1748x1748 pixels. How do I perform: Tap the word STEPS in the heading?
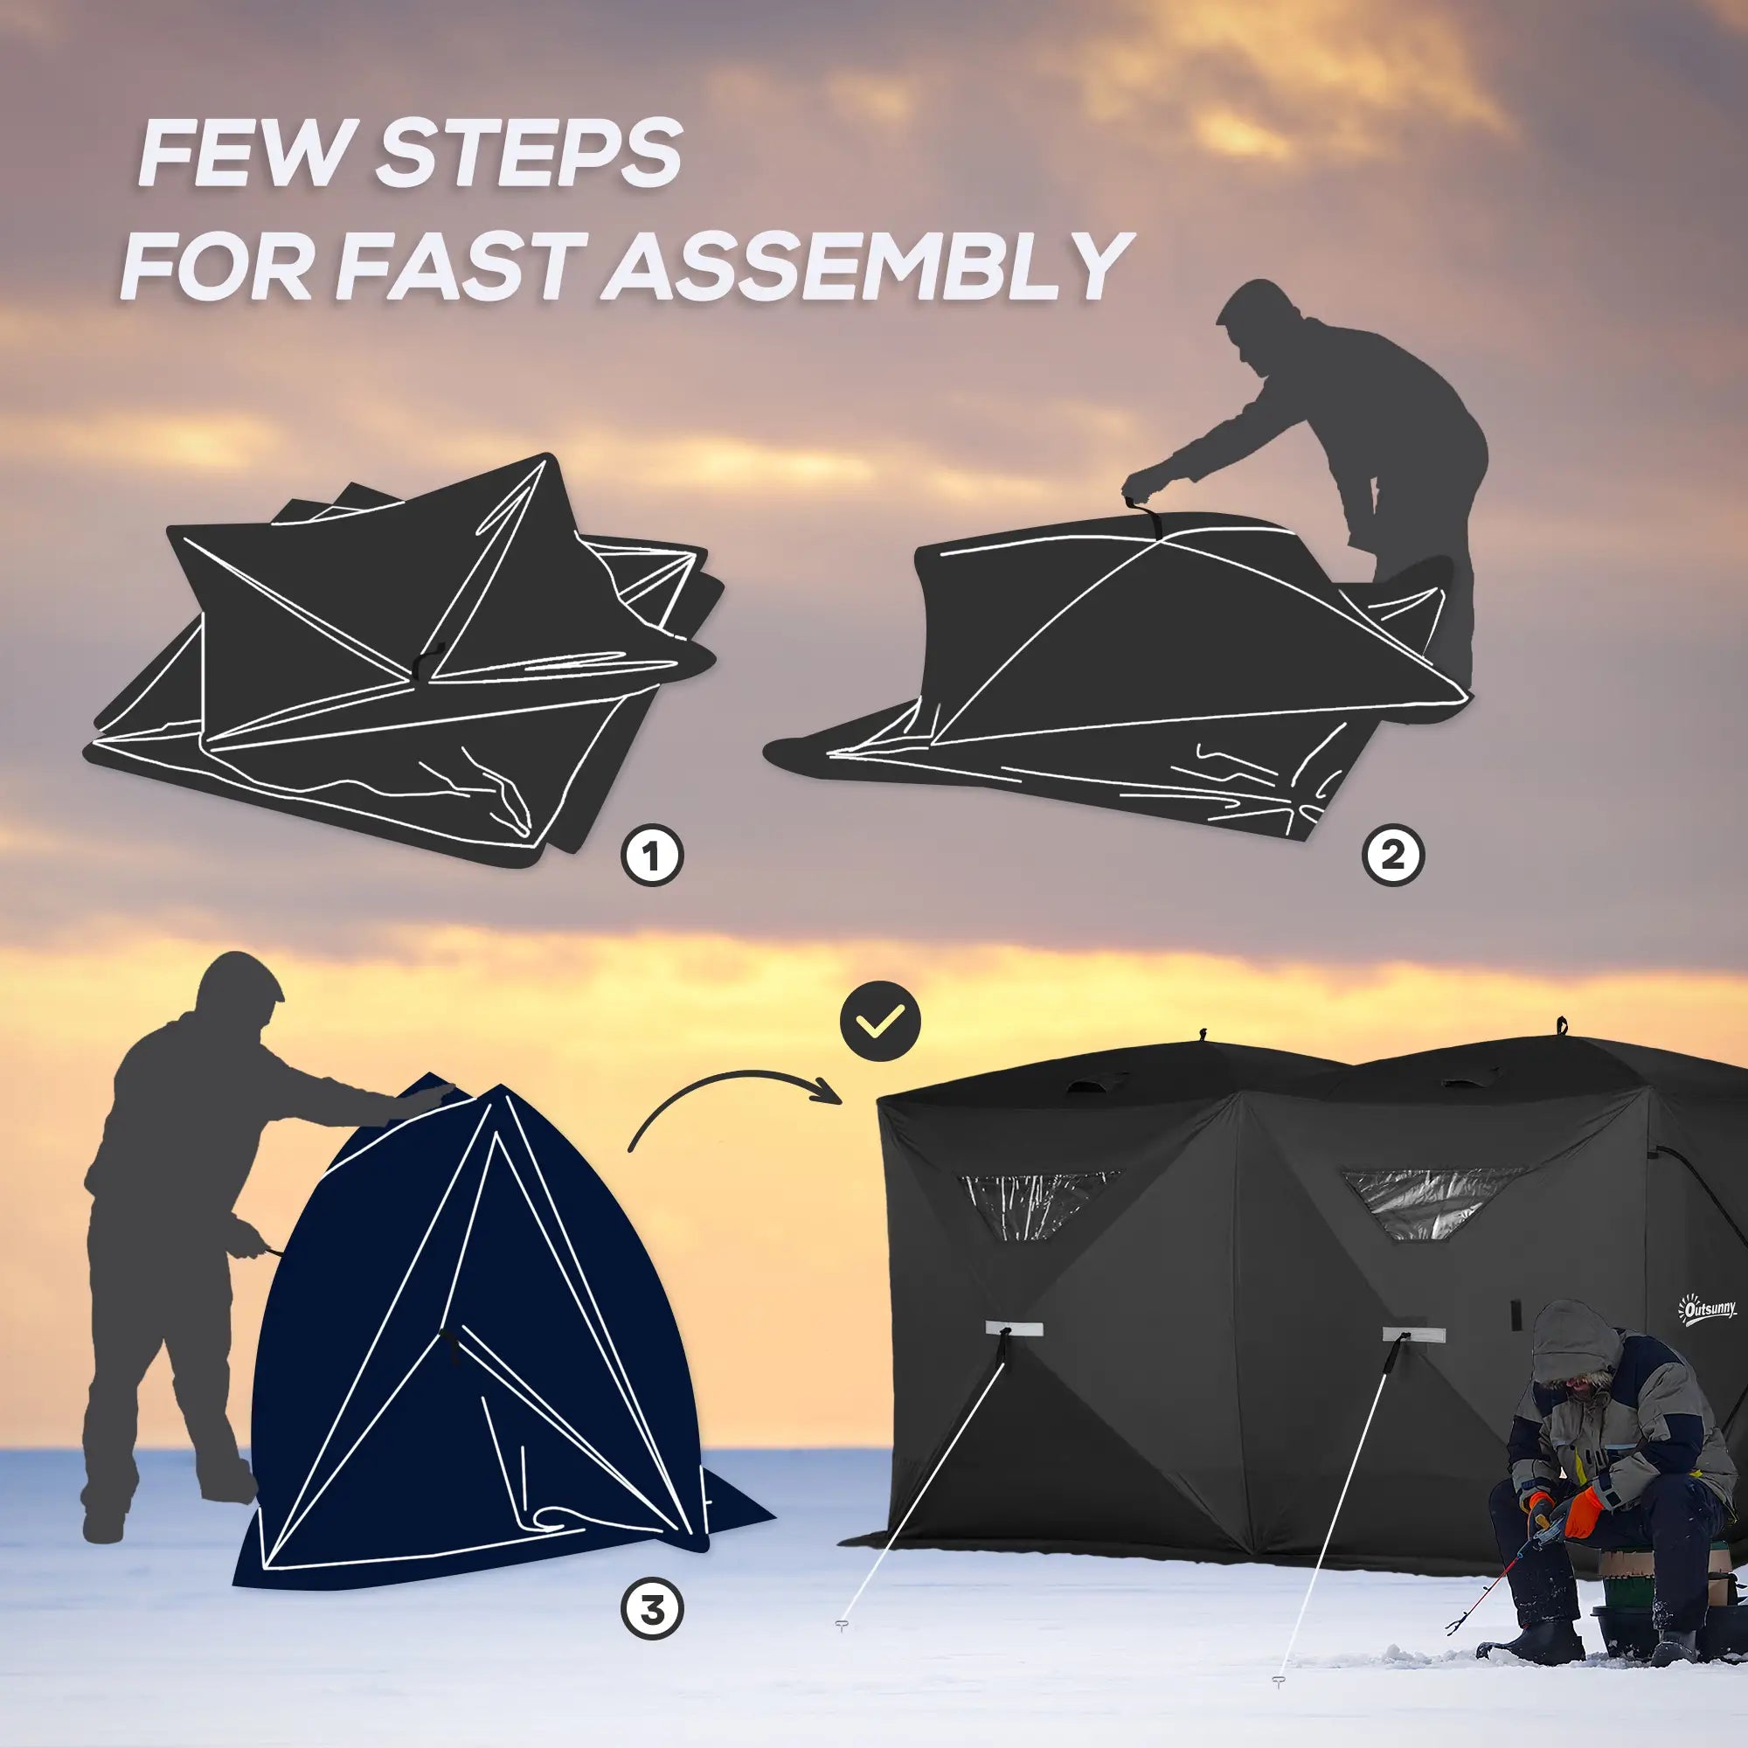click(529, 155)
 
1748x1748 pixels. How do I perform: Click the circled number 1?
click(652, 854)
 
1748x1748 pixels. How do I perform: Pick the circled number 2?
click(1393, 854)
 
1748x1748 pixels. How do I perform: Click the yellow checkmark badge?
click(880, 1022)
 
